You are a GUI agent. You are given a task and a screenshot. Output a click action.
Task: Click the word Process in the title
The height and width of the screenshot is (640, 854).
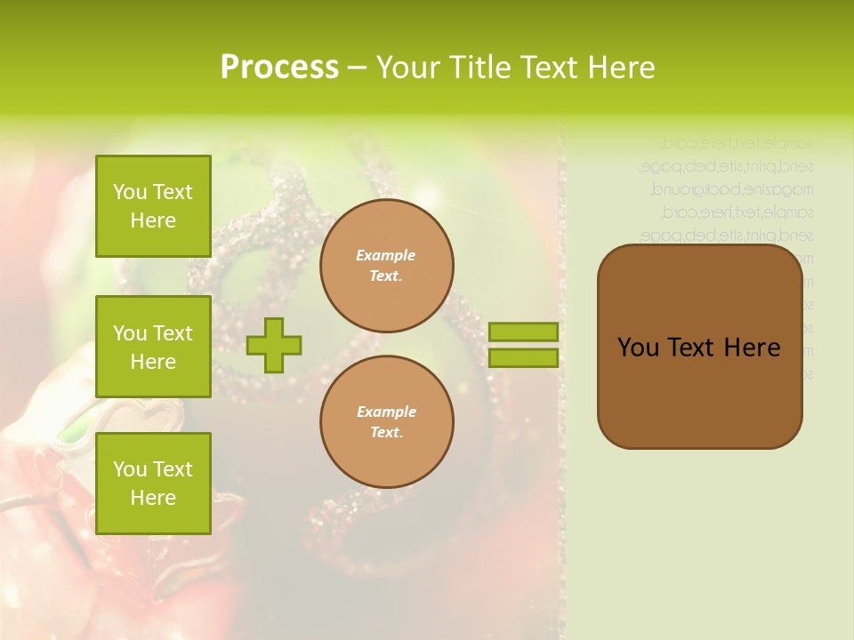[279, 68]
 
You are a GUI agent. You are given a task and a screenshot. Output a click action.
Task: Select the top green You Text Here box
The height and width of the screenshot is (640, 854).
[153, 206]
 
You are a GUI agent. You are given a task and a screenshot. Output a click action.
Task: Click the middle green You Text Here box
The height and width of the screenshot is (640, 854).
[153, 347]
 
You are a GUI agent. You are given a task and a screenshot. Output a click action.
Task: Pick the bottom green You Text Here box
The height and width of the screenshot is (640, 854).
[153, 484]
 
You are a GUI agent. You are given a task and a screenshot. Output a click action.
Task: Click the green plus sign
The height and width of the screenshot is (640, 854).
[274, 345]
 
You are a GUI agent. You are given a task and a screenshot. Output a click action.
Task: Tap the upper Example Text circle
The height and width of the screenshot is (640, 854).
[386, 266]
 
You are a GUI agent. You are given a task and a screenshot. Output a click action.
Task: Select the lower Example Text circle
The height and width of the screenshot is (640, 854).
[386, 422]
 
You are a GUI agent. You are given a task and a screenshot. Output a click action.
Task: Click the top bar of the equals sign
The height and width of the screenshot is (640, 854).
[523, 332]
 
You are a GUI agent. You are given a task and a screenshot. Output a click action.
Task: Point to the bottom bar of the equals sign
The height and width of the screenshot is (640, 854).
[523, 357]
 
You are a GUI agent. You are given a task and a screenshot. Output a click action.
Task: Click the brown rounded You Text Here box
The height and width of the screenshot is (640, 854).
[699, 391]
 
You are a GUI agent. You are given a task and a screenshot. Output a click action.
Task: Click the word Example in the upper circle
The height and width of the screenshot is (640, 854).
[386, 255]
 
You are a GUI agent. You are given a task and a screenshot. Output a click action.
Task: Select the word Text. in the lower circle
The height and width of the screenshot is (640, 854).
[386, 433]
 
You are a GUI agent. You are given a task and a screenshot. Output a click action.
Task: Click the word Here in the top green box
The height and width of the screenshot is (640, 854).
[153, 220]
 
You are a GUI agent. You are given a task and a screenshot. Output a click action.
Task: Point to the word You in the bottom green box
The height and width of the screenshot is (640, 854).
[130, 469]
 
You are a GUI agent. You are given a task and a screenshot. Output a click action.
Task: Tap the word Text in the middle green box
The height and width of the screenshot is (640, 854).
[172, 333]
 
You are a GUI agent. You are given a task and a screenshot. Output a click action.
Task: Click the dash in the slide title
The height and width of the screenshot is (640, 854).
[357, 68]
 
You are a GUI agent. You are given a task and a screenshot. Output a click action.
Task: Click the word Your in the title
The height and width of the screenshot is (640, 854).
[407, 68]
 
